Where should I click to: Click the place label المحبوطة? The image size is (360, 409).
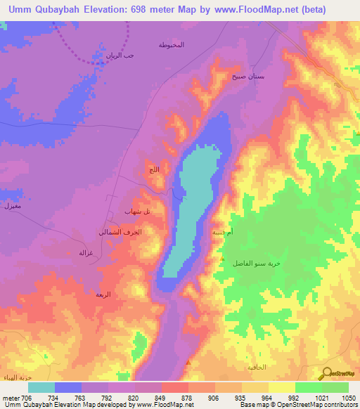click(172, 44)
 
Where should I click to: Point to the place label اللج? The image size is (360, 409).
click(154, 170)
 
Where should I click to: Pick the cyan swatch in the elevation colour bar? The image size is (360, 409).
click(41, 387)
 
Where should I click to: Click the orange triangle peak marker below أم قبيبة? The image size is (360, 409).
click(222, 259)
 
